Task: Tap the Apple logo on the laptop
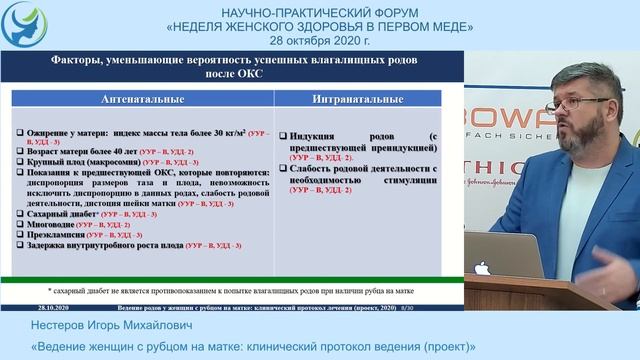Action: tap(482, 269)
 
